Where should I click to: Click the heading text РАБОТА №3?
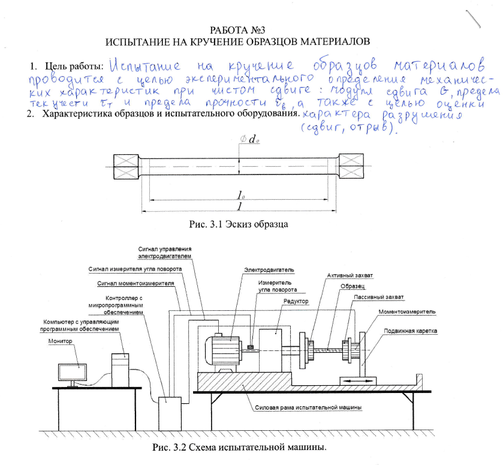click(237, 29)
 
